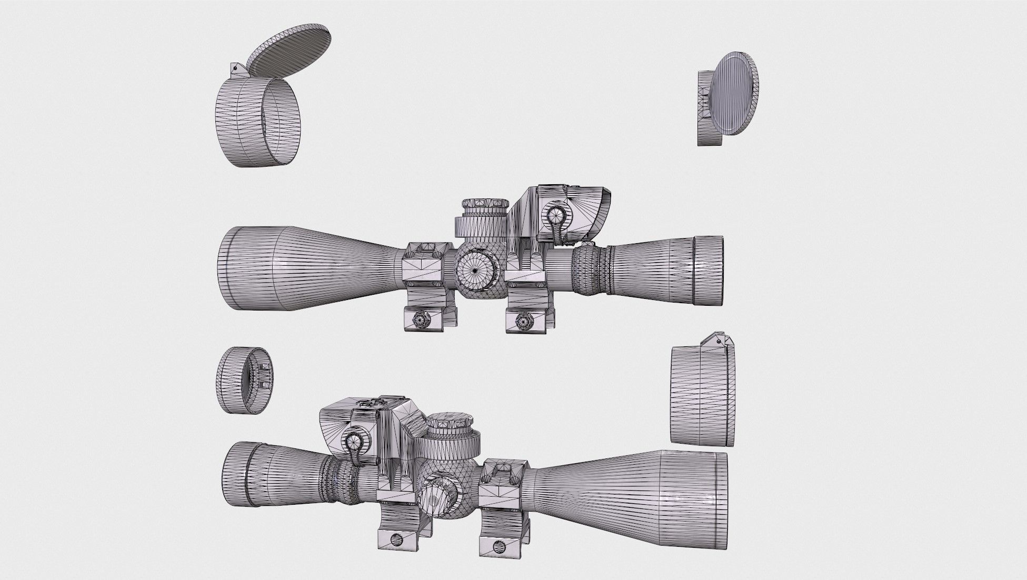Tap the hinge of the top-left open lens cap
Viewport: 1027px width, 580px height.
235,69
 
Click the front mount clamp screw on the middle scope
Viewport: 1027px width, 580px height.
421,318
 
